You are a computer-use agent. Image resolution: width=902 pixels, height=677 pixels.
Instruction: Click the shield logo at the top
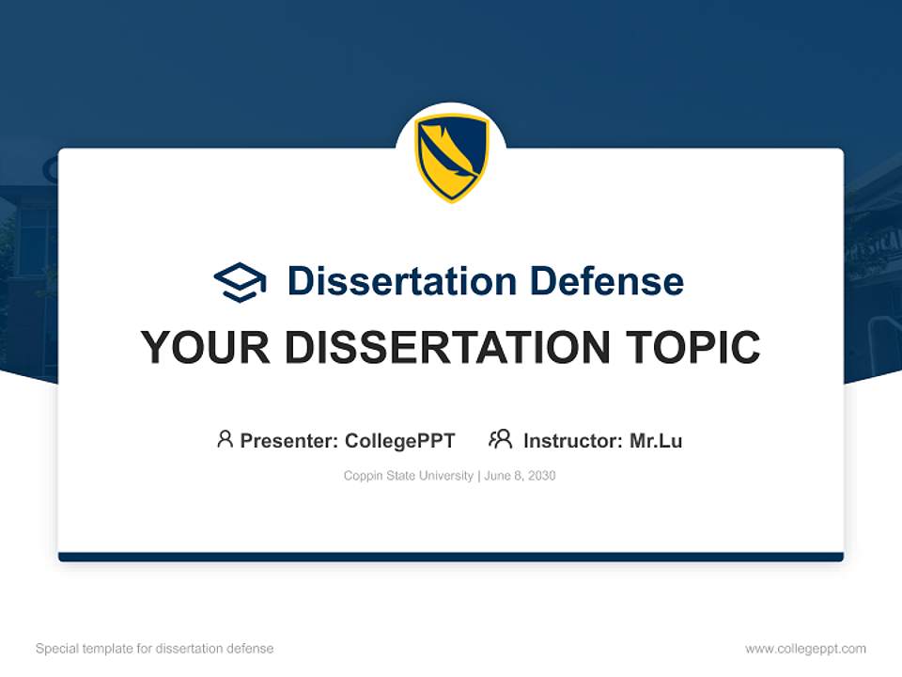pos(451,157)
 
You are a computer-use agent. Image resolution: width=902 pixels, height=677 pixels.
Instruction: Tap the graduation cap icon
pos(240,282)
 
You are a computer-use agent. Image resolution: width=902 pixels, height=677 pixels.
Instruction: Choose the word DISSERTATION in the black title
pos(447,348)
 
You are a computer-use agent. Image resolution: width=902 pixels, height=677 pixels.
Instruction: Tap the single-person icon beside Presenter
pos(225,439)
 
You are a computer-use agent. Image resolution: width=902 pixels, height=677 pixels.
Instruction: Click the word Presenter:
pos(288,441)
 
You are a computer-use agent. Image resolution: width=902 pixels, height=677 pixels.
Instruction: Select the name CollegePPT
pos(399,441)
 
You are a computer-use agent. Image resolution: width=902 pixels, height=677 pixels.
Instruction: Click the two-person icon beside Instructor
pos(500,439)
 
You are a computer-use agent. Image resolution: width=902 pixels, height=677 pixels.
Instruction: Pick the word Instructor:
pos(572,441)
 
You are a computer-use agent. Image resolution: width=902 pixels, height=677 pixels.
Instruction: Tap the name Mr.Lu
pos(656,441)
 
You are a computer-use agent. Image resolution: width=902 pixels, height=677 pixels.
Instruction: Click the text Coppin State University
pos(409,476)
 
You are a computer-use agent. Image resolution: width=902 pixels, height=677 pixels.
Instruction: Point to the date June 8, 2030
pos(520,476)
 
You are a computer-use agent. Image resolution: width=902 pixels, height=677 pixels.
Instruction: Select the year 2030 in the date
pos(541,476)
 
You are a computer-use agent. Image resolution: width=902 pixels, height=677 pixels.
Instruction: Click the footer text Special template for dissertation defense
pos(154,649)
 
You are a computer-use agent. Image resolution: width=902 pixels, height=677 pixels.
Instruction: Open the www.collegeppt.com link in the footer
pos(805,649)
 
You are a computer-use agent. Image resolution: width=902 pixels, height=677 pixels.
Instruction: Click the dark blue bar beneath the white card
pos(451,557)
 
